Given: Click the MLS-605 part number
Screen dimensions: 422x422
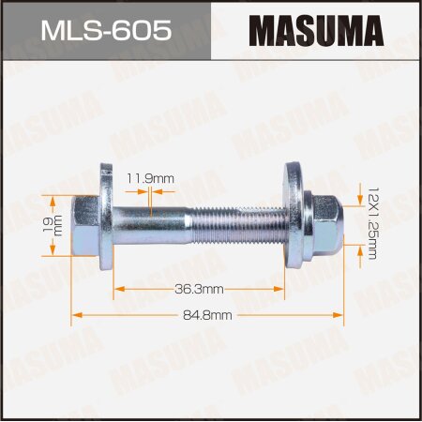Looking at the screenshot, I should (x=106, y=31).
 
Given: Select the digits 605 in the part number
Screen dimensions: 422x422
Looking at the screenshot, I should (x=144, y=31).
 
